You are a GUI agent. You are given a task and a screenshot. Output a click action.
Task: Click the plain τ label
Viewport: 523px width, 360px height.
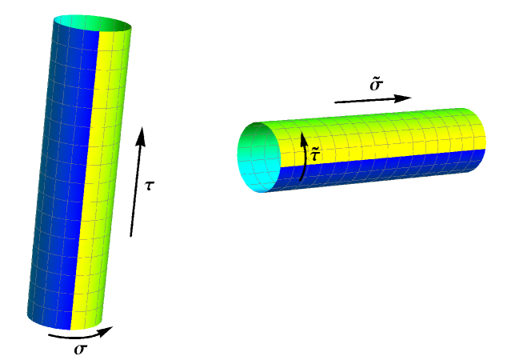pyautogui.click(x=150, y=186)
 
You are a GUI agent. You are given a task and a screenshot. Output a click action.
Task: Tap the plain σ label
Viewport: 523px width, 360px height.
pyautogui.click(x=81, y=349)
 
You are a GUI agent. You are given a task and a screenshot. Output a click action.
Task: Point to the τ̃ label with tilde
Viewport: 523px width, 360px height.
pyautogui.click(x=316, y=154)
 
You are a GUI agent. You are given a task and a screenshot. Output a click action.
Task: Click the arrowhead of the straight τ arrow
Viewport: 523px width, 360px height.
pyautogui.click(x=141, y=136)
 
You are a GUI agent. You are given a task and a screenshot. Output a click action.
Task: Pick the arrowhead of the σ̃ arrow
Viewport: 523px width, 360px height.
pyautogui.click(x=402, y=98)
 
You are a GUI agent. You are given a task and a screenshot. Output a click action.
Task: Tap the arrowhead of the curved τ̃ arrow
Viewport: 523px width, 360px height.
pyautogui.click(x=303, y=140)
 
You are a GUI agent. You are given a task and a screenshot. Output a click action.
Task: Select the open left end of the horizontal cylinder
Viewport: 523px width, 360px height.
pyautogui.click(x=259, y=157)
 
